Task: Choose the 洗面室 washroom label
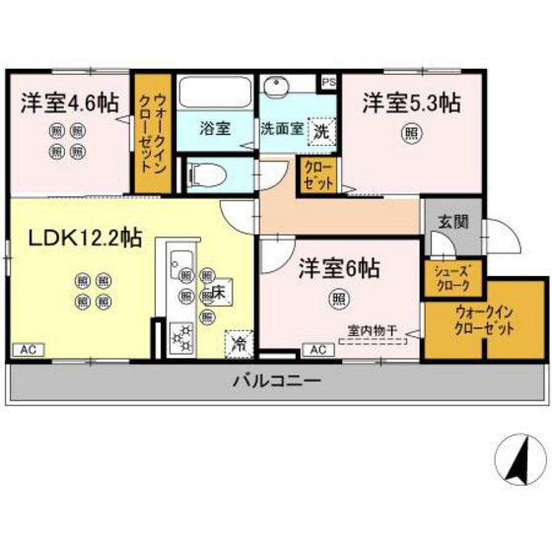pyautogui.click(x=283, y=128)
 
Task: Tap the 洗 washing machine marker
pyautogui.click(x=322, y=129)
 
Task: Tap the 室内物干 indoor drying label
pyautogui.click(x=373, y=331)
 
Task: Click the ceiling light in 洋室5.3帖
pyautogui.click(x=407, y=135)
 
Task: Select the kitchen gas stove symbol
pyautogui.click(x=181, y=337)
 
